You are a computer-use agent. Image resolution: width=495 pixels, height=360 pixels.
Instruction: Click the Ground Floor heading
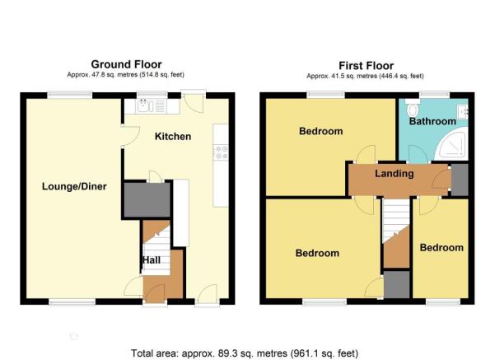(126, 64)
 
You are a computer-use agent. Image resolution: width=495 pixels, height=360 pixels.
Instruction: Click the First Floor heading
(366, 66)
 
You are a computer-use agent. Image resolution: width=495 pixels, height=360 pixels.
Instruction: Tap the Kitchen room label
(173, 137)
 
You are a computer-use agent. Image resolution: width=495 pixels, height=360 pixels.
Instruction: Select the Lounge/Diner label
(74, 186)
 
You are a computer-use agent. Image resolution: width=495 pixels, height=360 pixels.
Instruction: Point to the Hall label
(152, 260)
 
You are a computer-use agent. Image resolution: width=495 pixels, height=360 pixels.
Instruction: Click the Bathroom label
(432, 121)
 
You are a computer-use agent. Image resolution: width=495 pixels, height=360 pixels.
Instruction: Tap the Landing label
(395, 174)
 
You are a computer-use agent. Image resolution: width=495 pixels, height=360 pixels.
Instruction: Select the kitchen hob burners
(221, 152)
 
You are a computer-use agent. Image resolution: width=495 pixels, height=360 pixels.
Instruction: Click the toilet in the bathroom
(412, 108)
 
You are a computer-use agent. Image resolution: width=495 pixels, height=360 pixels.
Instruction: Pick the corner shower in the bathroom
(451, 146)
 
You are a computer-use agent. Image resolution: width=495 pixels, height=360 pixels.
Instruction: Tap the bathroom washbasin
(463, 111)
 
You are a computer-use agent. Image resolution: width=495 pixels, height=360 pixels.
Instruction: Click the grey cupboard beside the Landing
(460, 180)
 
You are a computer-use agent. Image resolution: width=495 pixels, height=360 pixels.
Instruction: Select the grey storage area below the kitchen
(147, 199)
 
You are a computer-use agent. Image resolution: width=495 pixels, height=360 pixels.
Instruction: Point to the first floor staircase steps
(396, 221)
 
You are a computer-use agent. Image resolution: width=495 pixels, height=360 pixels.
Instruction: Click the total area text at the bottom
(245, 353)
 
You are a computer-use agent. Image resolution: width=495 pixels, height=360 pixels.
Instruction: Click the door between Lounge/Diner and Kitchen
(130, 136)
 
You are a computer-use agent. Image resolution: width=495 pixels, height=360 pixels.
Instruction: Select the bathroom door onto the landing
(418, 154)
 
